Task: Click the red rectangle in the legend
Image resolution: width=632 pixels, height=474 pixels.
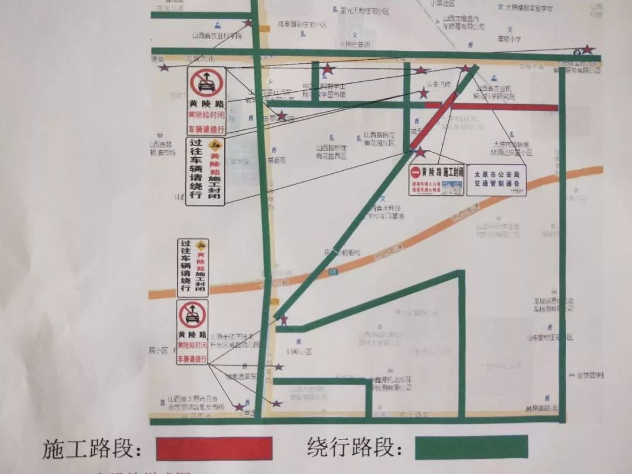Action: (x=214, y=448)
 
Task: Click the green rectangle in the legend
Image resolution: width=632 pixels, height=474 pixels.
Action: (x=471, y=447)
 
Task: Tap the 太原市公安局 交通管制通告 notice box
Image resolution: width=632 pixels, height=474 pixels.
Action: (x=496, y=179)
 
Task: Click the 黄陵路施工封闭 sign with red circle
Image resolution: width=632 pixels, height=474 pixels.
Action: (x=437, y=179)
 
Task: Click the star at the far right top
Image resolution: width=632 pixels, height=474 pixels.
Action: (x=587, y=50)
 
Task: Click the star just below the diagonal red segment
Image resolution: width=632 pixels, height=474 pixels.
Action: (x=420, y=152)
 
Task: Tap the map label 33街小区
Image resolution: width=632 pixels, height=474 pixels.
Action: (x=300, y=352)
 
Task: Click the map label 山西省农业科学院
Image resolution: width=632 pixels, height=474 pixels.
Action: (x=217, y=35)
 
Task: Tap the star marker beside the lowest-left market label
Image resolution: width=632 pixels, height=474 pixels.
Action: (x=239, y=406)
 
